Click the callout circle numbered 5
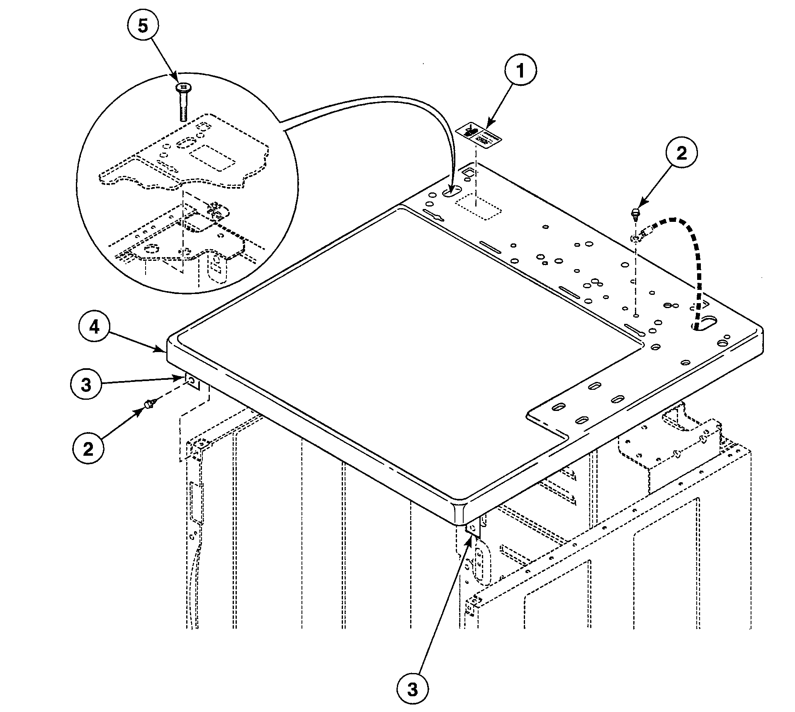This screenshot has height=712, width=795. (x=142, y=26)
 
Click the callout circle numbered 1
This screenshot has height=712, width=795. (x=520, y=71)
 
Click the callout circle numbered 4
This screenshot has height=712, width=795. (x=95, y=328)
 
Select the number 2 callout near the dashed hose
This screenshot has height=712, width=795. (x=681, y=153)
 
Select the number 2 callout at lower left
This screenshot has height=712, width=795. (x=88, y=449)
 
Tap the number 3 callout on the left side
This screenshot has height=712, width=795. (x=86, y=385)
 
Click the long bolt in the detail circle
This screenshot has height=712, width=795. (x=182, y=102)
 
